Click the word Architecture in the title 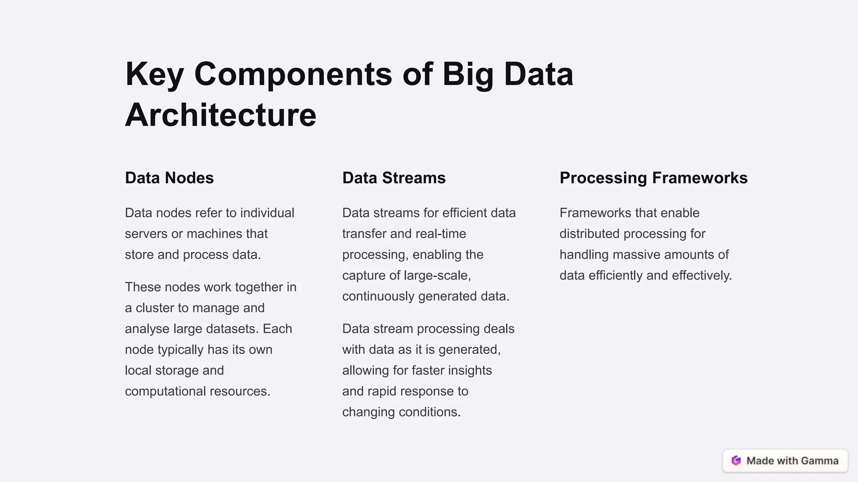point(220,115)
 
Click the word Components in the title point(293,74)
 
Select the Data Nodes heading point(169,178)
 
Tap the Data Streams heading point(394,178)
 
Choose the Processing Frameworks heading point(654,178)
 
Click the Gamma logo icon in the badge point(736,461)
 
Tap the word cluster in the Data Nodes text point(155,308)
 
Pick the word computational point(165,391)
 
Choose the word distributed point(589,233)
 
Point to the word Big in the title point(468,74)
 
